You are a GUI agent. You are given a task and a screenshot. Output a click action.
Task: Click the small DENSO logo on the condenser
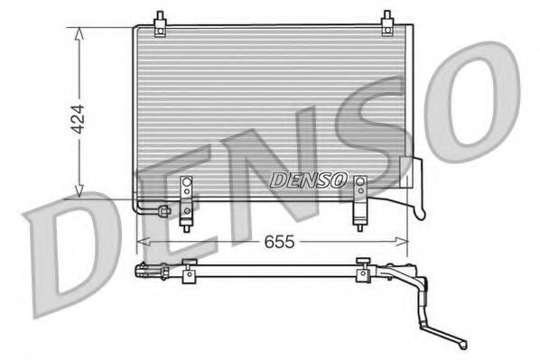308,180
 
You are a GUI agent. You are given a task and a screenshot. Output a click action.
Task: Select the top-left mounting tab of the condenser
159,23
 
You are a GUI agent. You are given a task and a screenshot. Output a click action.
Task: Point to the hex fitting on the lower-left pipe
163,212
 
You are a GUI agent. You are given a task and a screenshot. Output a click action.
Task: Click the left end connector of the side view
141,270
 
